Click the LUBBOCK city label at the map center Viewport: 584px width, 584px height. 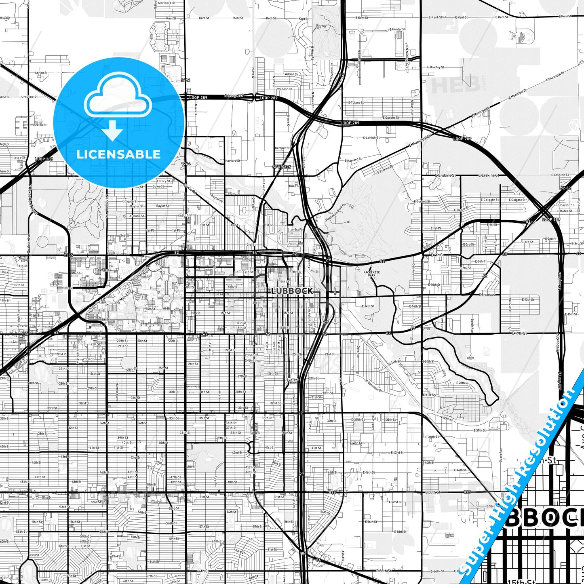point(292,291)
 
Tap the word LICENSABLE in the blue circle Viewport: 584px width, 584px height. point(118,154)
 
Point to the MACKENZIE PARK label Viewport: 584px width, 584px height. point(371,274)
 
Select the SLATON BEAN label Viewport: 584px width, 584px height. point(292,381)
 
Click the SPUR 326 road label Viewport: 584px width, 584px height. point(281,167)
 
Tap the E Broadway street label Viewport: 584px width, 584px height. point(487,295)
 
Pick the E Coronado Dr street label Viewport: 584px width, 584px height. point(373,386)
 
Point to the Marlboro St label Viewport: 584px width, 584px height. point(166,2)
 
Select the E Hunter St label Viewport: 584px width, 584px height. point(398,30)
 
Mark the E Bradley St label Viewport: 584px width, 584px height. point(436,67)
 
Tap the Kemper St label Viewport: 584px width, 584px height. point(282,148)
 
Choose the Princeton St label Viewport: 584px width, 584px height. point(38,125)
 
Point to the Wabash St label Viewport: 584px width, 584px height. point(285,89)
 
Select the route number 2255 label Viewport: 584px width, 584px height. point(68,255)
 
